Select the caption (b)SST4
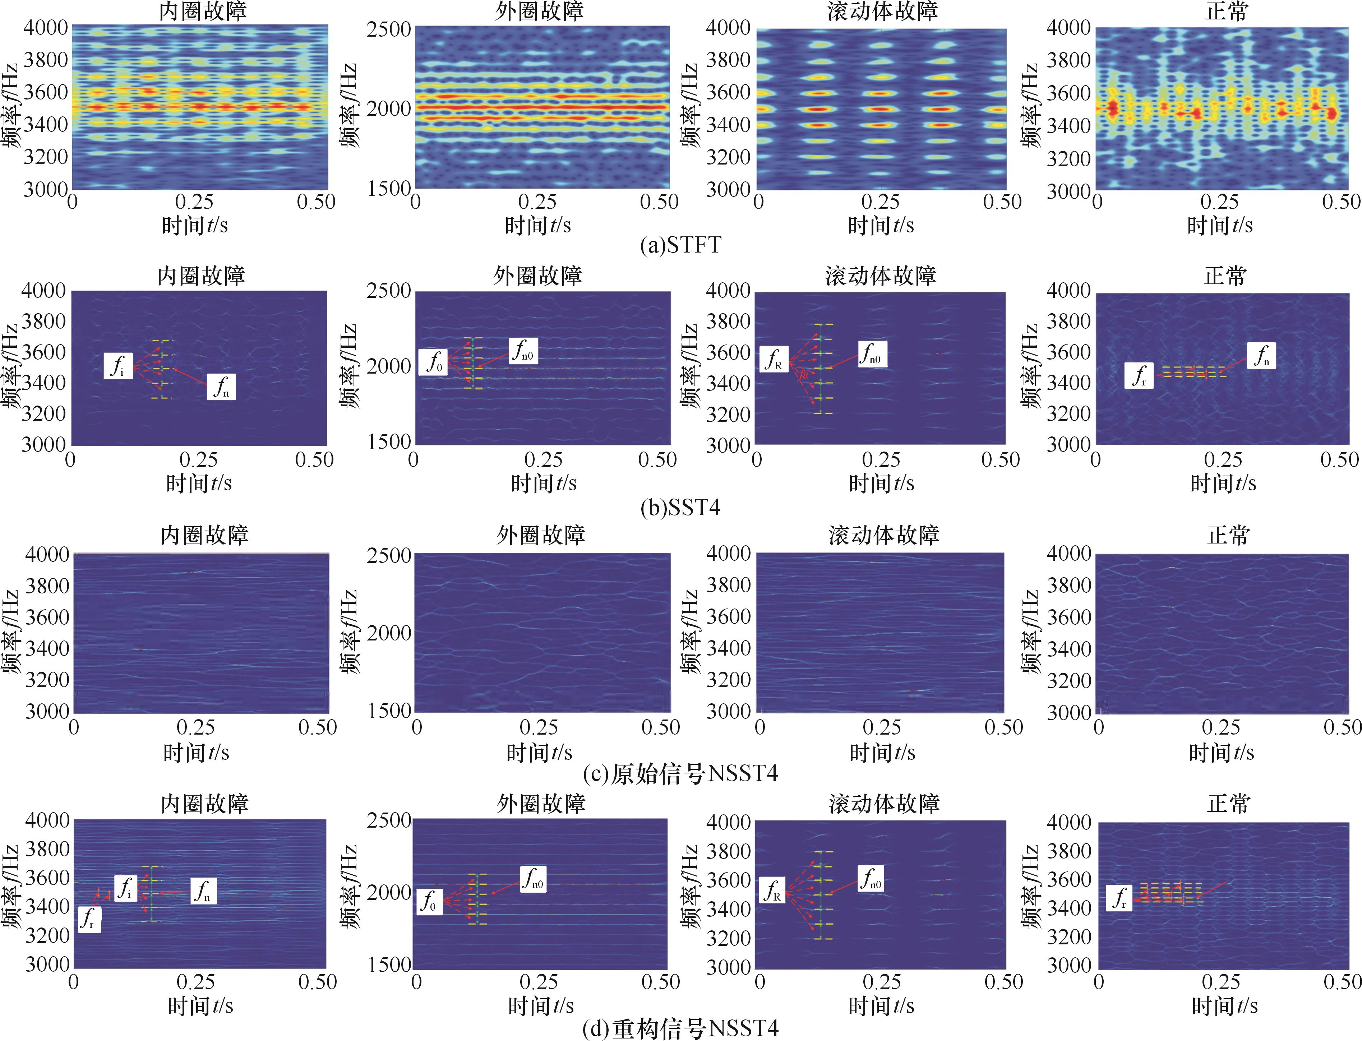pyautogui.click(x=680, y=508)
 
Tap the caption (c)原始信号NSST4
pyautogui.click(x=680, y=773)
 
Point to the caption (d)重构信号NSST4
pyautogui.click(x=680, y=1029)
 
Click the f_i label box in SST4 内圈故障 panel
pyautogui.click(x=118, y=366)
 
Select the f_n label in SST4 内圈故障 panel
pyautogui.click(x=221, y=386)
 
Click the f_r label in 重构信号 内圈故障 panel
pyautogui.click(x=89, y=920)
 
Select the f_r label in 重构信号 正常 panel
pyautogui.click(x=1120, y=898)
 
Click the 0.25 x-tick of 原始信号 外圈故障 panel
pyautogui.click(x=539, y=727)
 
